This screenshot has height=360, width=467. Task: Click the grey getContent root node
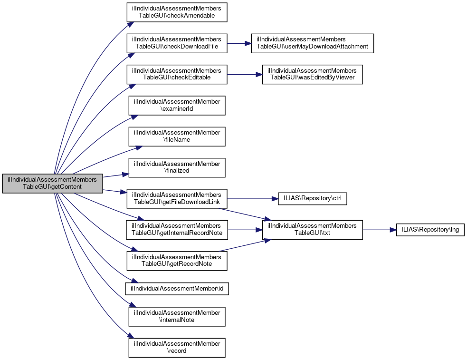coord(53,183)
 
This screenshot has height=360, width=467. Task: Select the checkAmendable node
coord(177,12)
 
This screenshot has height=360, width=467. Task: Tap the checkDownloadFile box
coord(177,43)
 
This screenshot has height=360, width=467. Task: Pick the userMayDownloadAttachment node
coord(312,43)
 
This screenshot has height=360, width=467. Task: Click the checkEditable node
coord(177,74)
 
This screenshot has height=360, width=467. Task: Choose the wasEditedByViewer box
coord(312,74)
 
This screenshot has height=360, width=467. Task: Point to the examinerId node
coord(177,105)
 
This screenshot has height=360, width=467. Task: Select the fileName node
coord(177,136)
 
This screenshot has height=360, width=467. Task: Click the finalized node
coord(177,167)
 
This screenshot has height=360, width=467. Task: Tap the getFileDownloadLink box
coord(177,198)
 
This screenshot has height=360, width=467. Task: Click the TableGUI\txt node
coord(312,229)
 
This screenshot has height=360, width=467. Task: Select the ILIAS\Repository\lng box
coord(430,229)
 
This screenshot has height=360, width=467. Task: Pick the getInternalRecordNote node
coord(177,229)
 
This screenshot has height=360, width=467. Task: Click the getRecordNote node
coord(177,260)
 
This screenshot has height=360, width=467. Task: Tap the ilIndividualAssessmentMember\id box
coord(177,288)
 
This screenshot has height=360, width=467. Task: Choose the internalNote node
coord(177,316)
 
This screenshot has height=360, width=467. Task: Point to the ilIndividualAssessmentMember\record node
coord(177,347)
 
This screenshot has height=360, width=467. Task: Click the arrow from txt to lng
coord(379,229)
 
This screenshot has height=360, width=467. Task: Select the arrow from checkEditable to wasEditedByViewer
coord(244,74)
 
